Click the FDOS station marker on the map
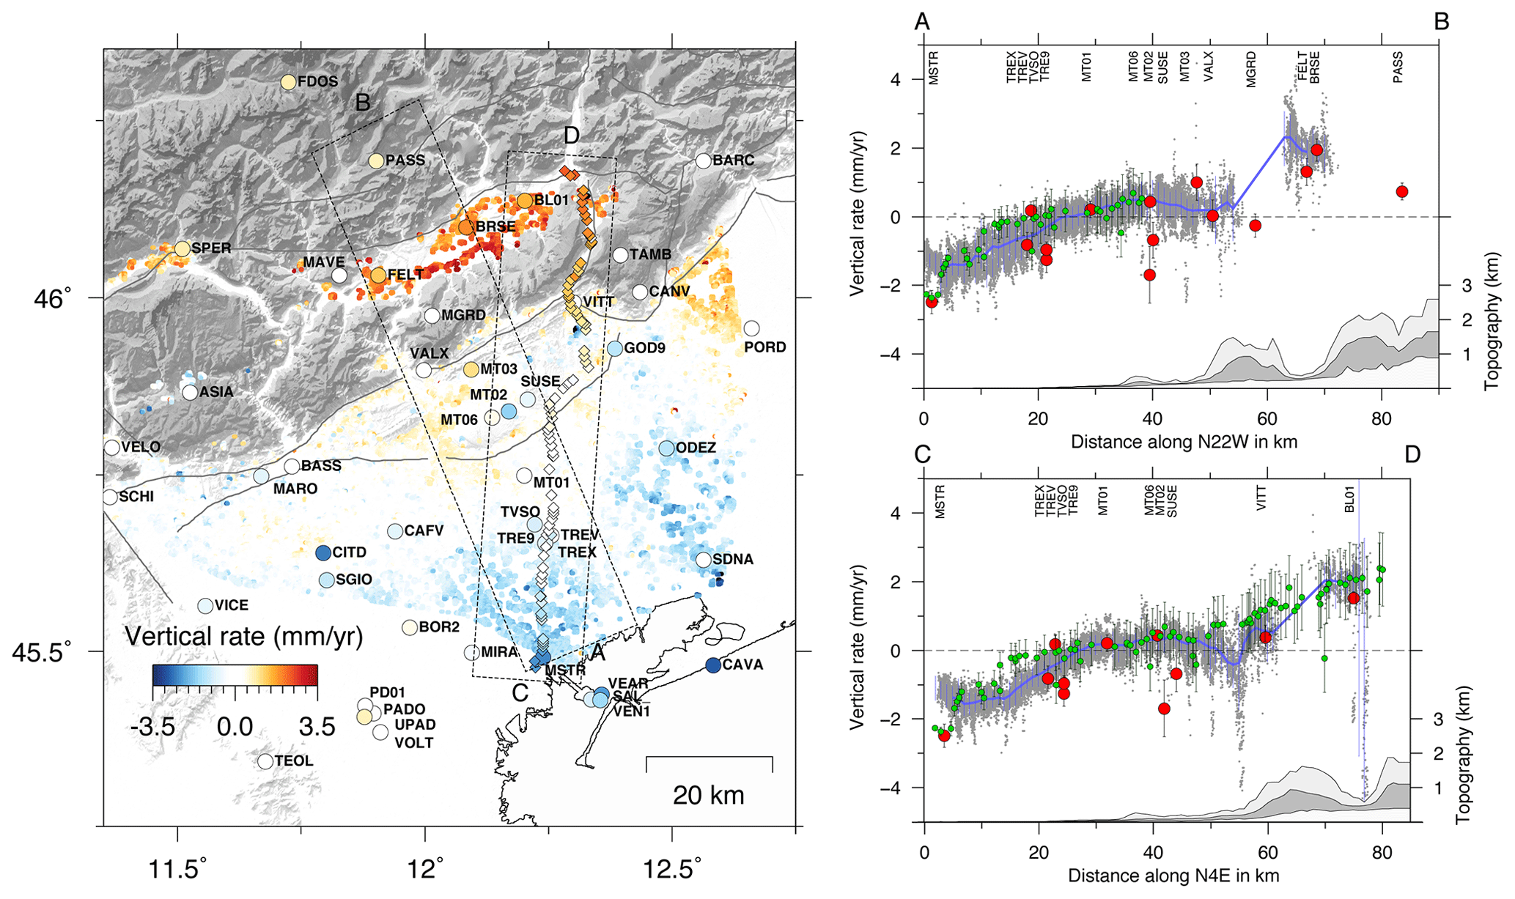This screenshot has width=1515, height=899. click(288, 82)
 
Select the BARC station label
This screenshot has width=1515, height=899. click(734, 160)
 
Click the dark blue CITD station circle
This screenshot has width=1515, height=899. click(323, 553)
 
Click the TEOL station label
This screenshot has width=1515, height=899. click(294, 761)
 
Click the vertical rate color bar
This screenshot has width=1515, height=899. click(235, 675)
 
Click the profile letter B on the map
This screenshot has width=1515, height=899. click(363, 103)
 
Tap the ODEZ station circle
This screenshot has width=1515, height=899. click(666, 448)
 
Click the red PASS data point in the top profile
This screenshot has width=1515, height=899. click(1402, 192)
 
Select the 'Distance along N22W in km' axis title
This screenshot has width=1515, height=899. click(1184, 442)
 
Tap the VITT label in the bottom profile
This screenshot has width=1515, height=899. click(1261, 497)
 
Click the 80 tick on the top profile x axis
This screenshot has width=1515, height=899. click(1382, 419)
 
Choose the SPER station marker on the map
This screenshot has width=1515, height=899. click(182, 248)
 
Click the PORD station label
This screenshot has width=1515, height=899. click(765, 347)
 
